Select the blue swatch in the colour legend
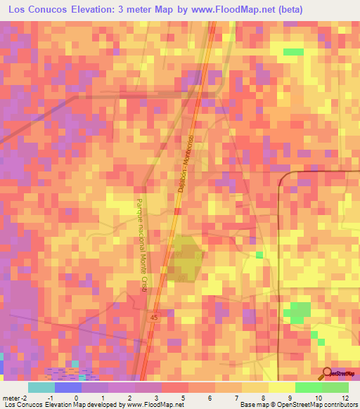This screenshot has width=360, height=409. pyautogui.click(x=67, y=387)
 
